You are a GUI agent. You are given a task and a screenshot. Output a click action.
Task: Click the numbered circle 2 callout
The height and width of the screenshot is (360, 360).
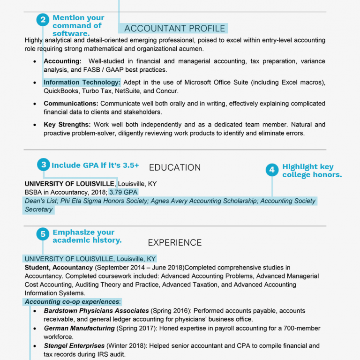[43, 20]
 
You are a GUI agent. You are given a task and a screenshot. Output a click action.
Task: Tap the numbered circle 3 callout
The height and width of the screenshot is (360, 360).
[44, 165]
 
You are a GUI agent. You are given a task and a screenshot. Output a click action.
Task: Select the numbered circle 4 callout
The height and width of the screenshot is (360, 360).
[272, 170]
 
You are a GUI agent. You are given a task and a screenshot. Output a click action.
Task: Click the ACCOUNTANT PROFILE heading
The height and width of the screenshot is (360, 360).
[174, 29]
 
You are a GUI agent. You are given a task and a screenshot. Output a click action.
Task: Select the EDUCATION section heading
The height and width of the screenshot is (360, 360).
[174, 167]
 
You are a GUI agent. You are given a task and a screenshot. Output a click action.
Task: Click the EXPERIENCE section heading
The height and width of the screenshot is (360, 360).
[174, 242]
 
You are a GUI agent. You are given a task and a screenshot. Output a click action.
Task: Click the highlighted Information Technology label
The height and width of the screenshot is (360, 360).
[82, 82]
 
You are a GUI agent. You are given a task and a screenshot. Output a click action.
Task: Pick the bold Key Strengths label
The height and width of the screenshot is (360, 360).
[67, 125]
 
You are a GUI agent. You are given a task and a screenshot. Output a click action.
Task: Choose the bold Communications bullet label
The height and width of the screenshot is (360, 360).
[71, 104]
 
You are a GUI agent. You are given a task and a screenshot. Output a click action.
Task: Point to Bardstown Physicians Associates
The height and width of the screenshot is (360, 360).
[96, 311]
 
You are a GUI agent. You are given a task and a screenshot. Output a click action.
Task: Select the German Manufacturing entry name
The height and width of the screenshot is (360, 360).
[79, 329]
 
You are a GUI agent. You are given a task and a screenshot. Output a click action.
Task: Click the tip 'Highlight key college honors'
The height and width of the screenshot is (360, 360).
[311, 171]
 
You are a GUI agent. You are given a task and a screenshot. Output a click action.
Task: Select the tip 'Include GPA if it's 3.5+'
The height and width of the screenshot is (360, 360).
[95, 165]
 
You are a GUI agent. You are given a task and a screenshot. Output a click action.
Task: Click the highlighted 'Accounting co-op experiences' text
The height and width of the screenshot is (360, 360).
[72, 302]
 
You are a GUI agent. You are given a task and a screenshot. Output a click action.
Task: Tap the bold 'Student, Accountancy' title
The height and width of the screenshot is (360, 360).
[59, 268]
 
